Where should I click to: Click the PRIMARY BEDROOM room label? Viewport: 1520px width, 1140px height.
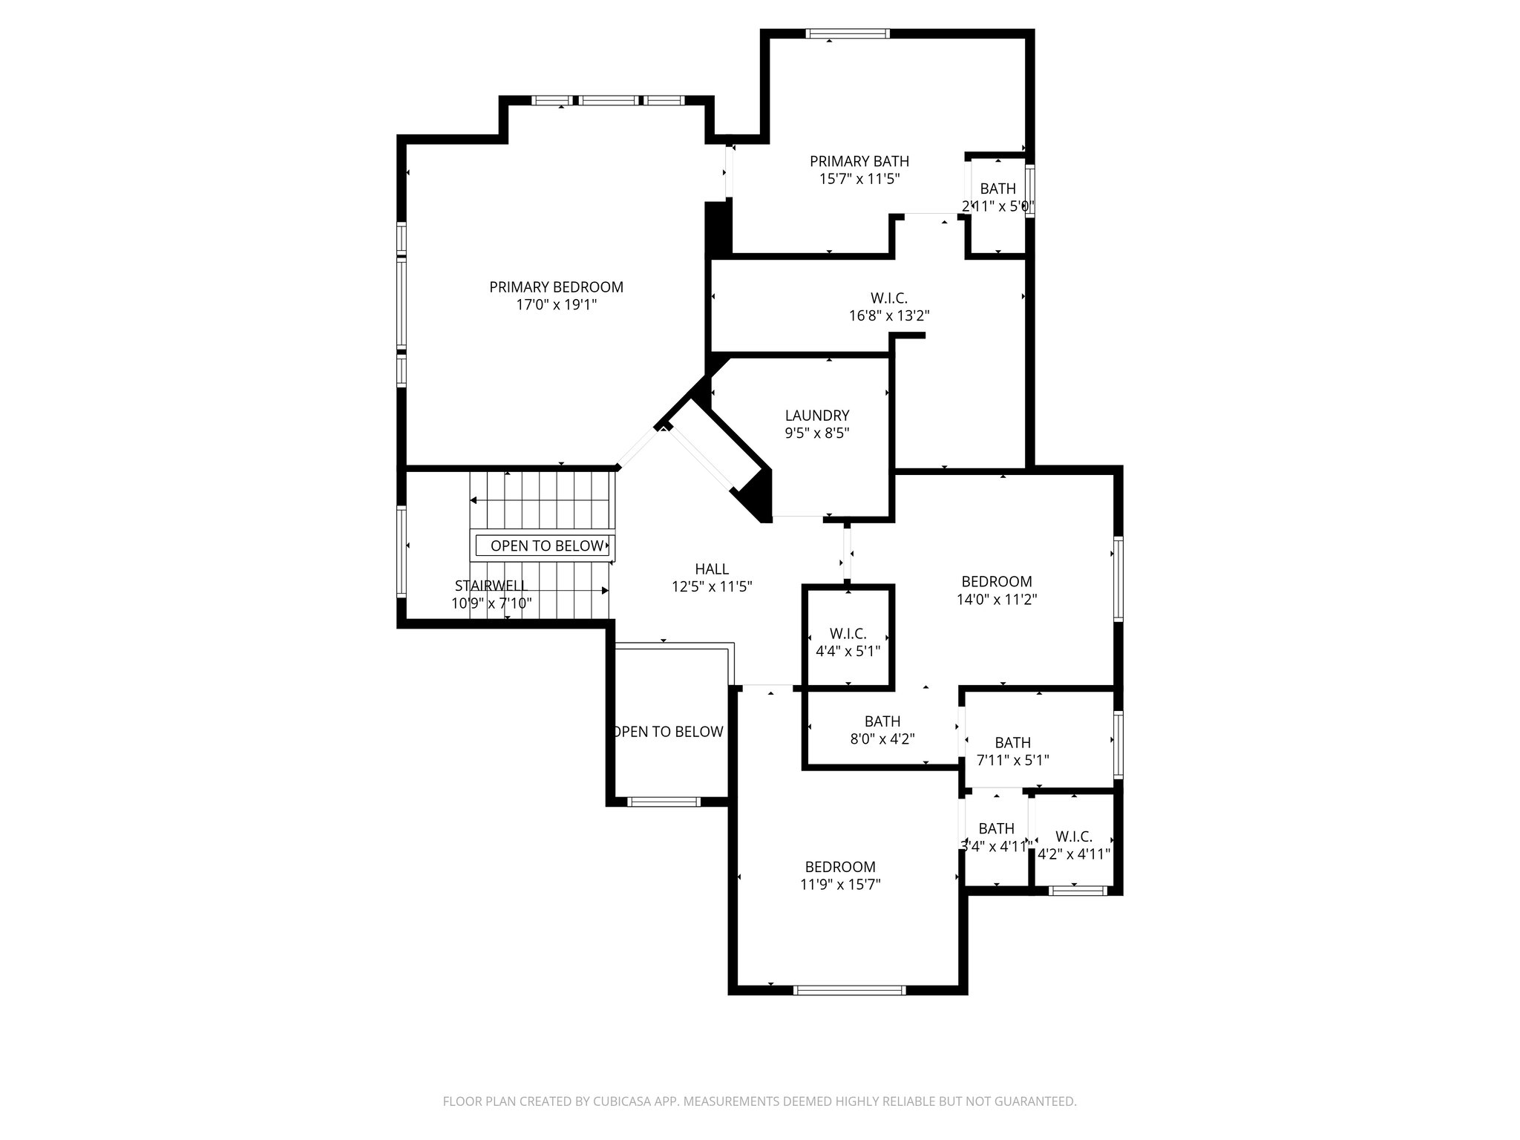556,286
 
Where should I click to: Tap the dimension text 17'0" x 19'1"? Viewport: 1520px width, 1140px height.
556,304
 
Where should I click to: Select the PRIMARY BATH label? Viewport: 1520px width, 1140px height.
859,161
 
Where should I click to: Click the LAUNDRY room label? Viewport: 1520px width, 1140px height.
816,416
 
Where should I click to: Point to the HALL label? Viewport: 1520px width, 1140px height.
711,569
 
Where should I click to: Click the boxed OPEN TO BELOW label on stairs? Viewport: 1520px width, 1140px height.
546,546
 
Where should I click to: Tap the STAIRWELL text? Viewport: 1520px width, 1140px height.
491,586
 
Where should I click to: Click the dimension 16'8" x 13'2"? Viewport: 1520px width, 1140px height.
888,315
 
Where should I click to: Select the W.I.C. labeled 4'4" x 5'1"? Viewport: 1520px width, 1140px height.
848,634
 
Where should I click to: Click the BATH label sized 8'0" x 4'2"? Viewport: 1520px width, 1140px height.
882,721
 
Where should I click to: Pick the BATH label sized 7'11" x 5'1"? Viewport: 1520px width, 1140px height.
1012,743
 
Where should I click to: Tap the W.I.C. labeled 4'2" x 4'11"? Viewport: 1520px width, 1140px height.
1073,836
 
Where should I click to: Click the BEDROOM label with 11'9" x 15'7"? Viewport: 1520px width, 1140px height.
840,867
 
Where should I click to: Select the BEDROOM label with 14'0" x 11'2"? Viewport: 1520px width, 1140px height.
996,582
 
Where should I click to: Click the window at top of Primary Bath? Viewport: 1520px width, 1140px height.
847,33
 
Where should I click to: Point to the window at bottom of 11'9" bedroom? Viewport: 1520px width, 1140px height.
850,989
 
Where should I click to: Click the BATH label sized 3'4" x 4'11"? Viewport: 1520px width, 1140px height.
996,829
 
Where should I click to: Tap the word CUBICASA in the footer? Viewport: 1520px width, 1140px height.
623,1101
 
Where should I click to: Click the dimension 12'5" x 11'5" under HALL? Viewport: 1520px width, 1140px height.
711,587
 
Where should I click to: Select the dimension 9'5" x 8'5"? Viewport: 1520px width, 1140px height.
816,433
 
